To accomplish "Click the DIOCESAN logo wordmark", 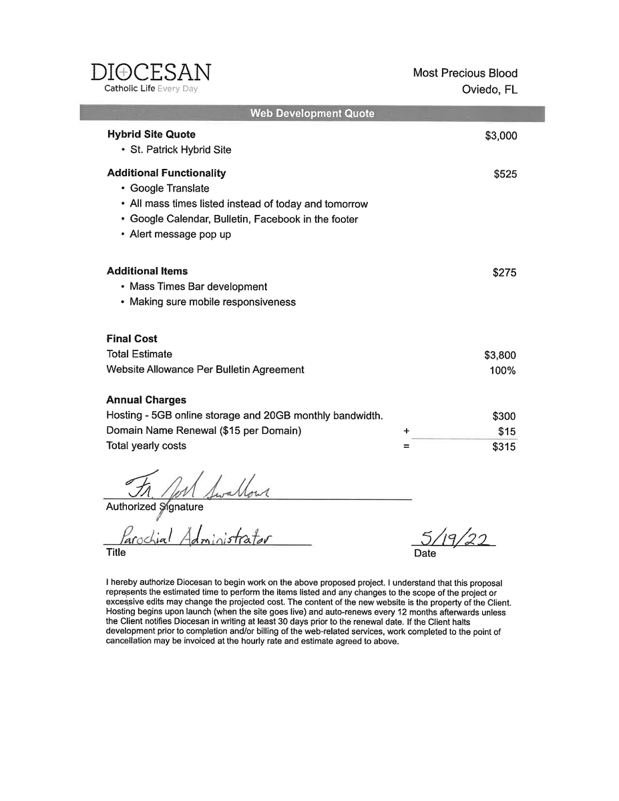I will (x=151, y=73).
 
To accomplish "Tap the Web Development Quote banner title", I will (x=312, y=113).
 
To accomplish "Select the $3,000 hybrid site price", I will (x=501, y=136).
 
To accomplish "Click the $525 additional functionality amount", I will (x=505, y=175).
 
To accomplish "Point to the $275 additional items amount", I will (x=505, y=273).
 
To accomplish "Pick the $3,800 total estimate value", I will (x=500, y=356).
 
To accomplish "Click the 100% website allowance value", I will (x=502, y=371).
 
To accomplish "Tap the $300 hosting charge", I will (x=504, y=417).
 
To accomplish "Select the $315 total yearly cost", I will (x=504, y=447).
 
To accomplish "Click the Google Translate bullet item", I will (x=169, y=189).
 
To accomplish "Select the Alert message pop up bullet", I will (x=180, y=235).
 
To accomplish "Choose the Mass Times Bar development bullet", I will (x=198, y=287).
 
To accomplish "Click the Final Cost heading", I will (x=132, y=339).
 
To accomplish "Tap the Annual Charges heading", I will (x=146, y=400).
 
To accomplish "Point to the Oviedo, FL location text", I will (x=489, y=90).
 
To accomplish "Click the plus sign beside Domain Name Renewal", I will (x=406, y=432).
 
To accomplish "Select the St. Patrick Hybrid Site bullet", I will (x=180, y=150).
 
